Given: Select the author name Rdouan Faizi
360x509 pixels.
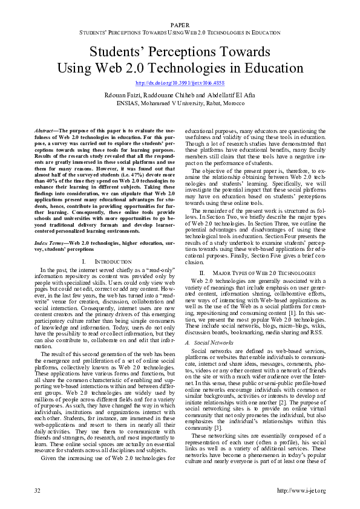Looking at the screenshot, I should [x=126, y=94].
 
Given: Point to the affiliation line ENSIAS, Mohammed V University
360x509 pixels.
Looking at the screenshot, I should [x=180, y=103].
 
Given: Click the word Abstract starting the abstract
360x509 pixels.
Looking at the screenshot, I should [x=44, y=131].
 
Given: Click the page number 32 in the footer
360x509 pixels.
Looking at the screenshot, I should [x=38, y=490].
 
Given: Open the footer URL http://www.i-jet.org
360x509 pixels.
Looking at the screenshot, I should [x=301, y=490].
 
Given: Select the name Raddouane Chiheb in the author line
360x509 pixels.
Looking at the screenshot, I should [x=169, y=94].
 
